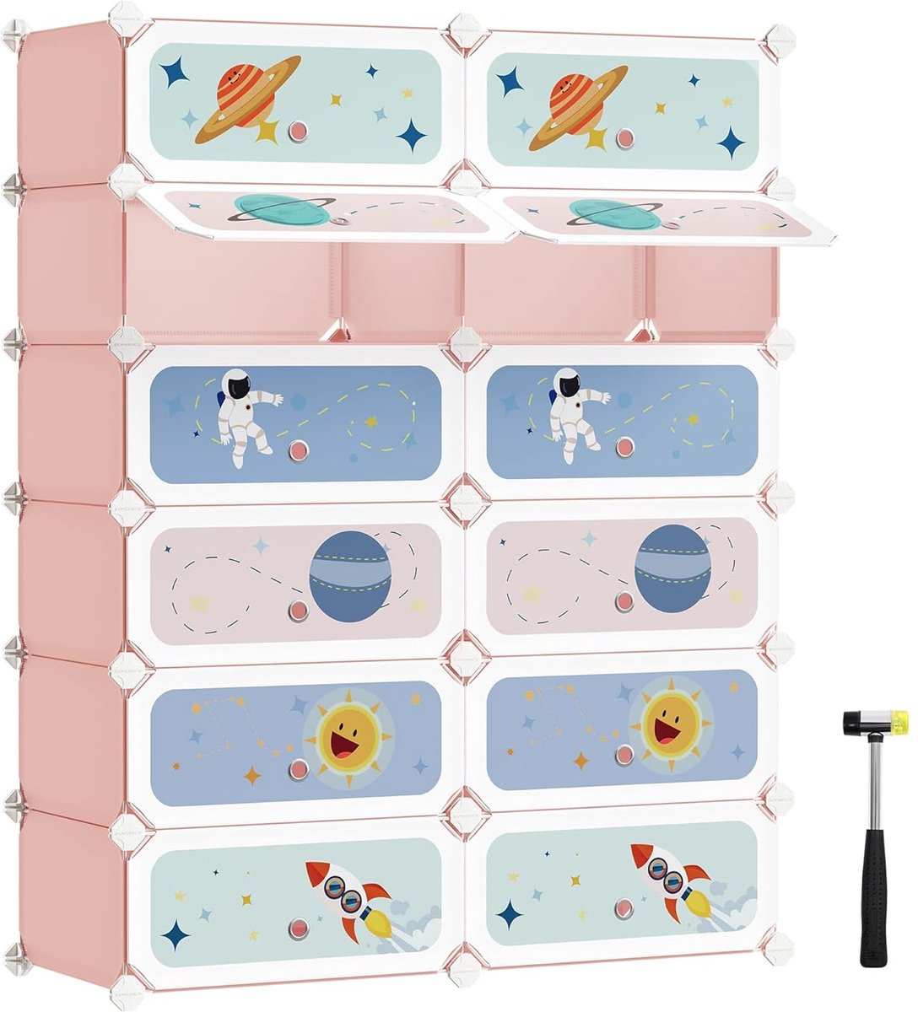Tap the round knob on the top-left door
[297, 131]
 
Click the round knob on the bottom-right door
[624, 908]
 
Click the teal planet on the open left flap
[282, 209]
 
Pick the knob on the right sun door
[624, 755]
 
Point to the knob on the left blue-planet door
[297, 608]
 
